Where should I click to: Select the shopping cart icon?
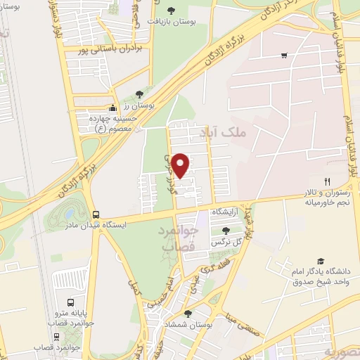284,56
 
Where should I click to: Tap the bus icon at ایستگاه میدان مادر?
96,214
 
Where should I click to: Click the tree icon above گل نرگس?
226,231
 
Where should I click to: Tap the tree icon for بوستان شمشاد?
187,314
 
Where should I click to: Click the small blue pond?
71,212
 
